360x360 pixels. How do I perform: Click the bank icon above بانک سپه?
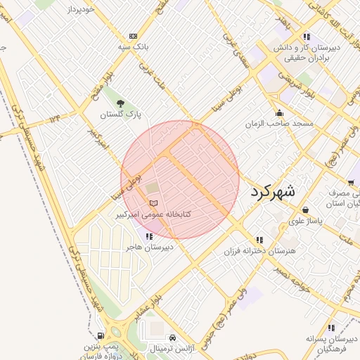(133, 36)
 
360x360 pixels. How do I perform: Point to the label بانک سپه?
(133, 46)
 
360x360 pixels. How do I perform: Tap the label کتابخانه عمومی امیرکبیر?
(154, 214)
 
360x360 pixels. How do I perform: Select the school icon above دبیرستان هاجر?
(149, 236)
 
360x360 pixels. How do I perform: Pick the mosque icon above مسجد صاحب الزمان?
(280, 113)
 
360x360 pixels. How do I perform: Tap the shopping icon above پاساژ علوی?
(305, 210)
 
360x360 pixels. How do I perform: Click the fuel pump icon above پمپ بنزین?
(101, 336)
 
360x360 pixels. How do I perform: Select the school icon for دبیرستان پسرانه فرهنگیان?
(330, 327)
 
